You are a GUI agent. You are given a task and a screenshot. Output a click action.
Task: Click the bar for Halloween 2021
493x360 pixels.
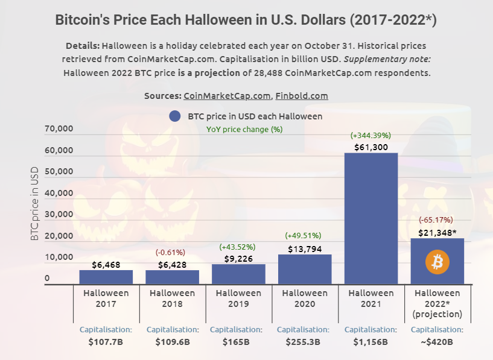[x=371, y=218]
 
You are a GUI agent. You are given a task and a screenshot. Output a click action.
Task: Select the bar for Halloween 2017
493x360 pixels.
[x=106, y=277]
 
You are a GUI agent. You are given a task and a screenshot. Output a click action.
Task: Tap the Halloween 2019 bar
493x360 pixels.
[x=238, y=274]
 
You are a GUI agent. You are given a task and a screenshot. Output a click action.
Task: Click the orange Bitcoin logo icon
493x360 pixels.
[x=437, y=262]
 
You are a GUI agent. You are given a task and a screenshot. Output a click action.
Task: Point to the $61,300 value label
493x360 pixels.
[x=371, y=147]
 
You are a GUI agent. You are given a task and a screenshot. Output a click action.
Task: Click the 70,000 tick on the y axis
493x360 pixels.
[x=59, y=129]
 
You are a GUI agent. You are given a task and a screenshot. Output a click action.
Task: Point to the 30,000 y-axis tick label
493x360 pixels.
[x=59, y=215]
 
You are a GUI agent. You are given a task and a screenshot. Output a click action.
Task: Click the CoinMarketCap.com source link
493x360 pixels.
[x=227, y=96]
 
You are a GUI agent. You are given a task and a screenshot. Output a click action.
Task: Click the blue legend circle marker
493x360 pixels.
[x=175, y=116]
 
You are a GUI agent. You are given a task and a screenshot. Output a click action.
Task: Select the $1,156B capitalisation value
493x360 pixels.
[x=371, y=342]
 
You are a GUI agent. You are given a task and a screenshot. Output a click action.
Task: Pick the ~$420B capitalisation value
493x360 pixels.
[x=437, y=342]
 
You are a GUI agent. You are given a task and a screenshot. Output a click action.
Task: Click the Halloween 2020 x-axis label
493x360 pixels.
[x=304, y=298]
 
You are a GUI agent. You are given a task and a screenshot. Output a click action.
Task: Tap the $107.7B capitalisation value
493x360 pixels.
[x=106, y=342]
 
